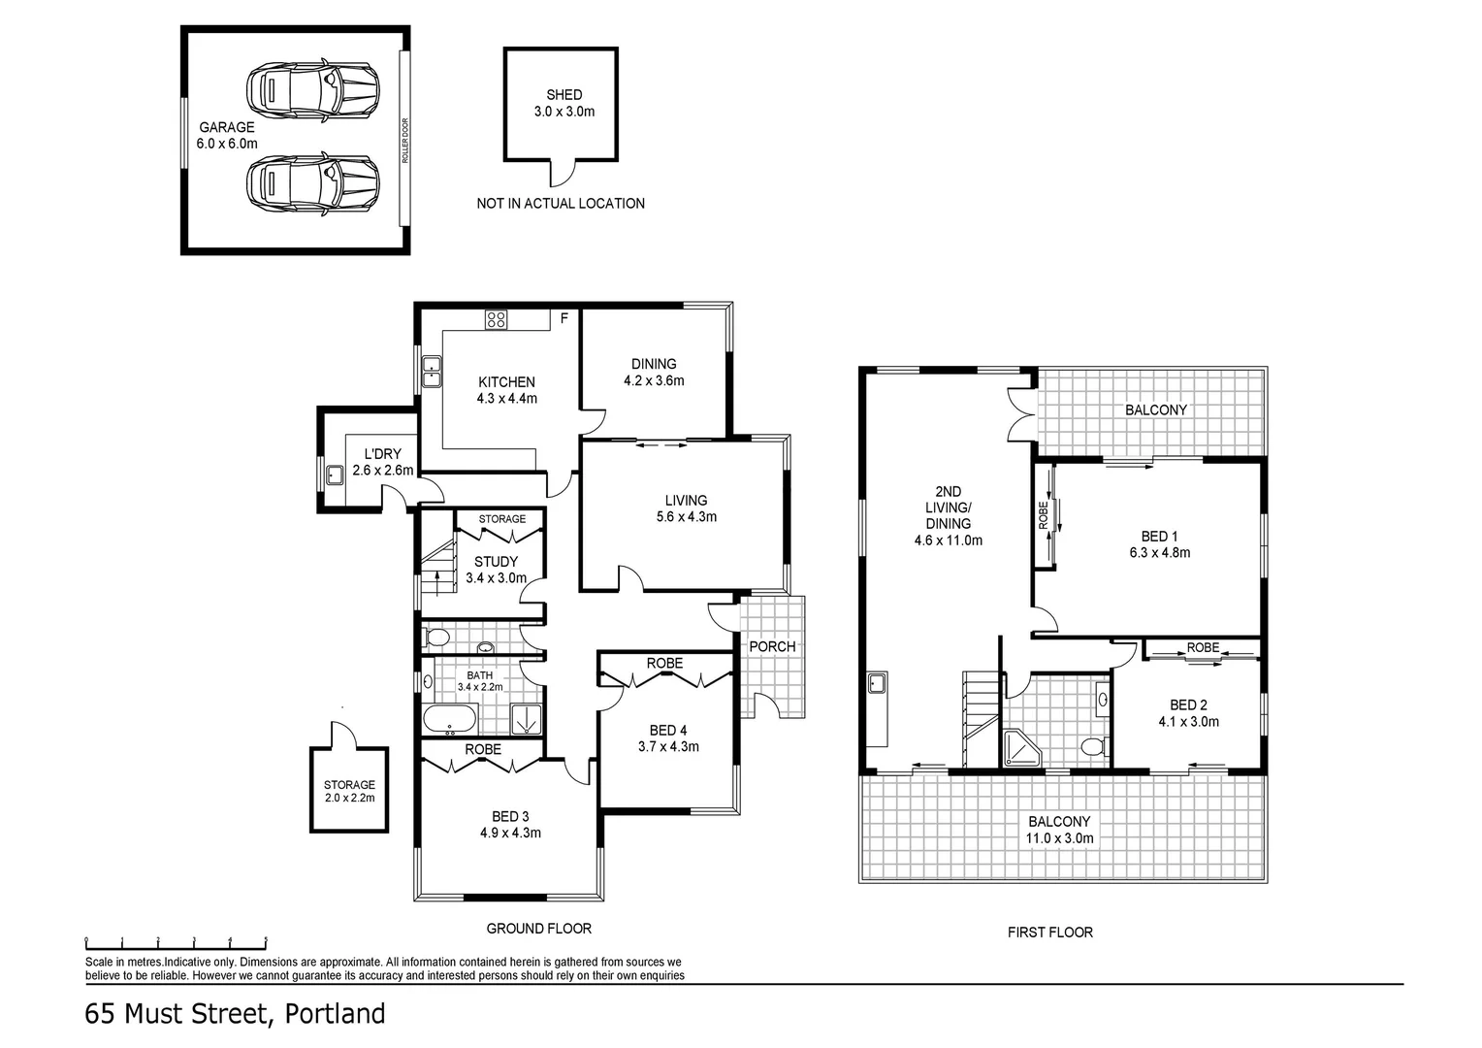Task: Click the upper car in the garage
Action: coord(311,91)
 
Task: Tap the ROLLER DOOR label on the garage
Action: coord(405,141)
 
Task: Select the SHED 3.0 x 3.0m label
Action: coord(564,103)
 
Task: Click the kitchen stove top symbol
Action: coord(496,319)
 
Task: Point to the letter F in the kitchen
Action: coord(564,317)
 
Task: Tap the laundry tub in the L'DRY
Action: coord(335,475)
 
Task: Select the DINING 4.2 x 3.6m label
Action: coord(654,372)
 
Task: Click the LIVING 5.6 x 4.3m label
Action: coord(686,508)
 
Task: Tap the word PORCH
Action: coord(772,646)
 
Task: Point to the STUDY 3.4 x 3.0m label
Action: coord(496,570)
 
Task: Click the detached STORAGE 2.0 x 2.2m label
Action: coord(349,791)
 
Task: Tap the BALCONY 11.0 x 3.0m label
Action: coord(1060,829)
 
